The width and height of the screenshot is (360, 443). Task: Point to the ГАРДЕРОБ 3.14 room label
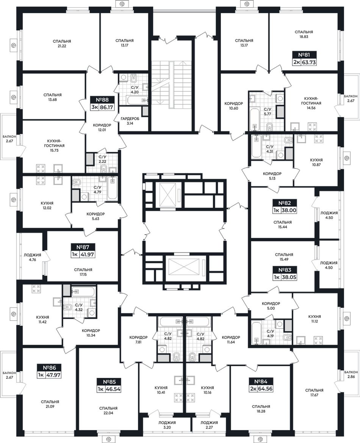tap(130, 121)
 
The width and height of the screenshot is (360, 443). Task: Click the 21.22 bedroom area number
tap(62, 46)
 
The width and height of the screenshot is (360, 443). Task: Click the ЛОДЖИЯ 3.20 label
tap(167, 425)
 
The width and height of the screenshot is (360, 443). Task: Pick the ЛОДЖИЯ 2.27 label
tap(209, 425)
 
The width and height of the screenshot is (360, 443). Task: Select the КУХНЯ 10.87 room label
tap(316, 162)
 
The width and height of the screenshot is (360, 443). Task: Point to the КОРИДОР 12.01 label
tap(102, 127)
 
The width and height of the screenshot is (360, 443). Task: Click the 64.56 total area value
tap(265, 388)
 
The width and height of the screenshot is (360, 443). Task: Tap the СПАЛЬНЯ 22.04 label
tap(108, 410)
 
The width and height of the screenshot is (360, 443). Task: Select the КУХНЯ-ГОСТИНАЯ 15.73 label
tap(54, 145)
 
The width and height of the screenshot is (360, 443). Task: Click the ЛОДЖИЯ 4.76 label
tap(32, 257)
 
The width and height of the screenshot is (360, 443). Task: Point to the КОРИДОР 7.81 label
tap(138, 340)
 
